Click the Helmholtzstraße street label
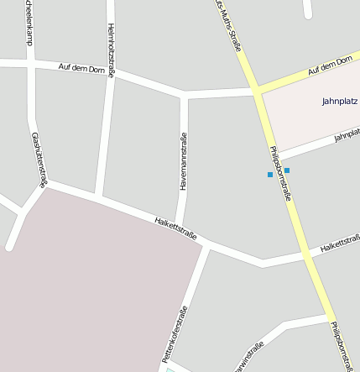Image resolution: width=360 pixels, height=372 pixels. pyautogui.click(x=111, y=49)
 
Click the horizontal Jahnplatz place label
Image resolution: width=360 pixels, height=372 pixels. pyautogui.click(x=340, y=102)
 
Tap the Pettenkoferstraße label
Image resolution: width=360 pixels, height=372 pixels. pyautogui.click(x=174, y=334)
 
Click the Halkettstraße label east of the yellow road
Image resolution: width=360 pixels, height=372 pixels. pyautogui.click(x=339, y=246)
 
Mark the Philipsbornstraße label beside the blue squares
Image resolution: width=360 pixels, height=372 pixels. pyautogui.click(x=280, y=173)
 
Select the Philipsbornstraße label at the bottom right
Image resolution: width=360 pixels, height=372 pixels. pyautogui.click(x=342, y=346)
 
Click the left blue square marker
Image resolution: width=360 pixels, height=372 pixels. pyautogui.click(x=269, y=175)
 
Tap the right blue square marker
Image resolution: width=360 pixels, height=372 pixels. pyautogui.click(x=287, y=170)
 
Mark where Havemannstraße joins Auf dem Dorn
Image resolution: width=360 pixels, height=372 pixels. pyautogui.click(x=184, y=94)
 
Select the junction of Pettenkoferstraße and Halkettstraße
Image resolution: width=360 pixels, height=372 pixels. pyautogui.click(x=206, y=244)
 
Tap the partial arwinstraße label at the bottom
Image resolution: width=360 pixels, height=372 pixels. pyautogui.click(x=248, y=357)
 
